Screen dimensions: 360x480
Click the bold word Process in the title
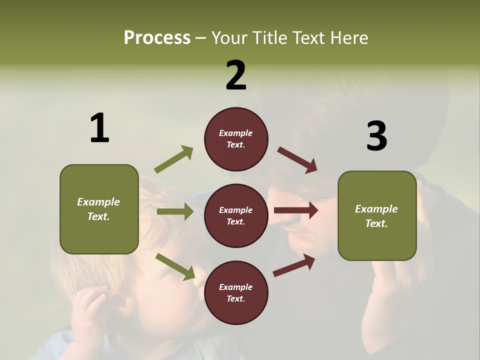pos(157,38)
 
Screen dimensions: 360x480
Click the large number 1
pos(99,128)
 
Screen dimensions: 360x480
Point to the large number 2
pos(236,75)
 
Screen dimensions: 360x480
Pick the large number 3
pos(376,136)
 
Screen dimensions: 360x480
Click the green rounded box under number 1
pos(99,209)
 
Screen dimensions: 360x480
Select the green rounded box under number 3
pos(377,216)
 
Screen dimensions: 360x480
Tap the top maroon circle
pos(236,139)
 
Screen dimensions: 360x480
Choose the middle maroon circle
pos(236,216)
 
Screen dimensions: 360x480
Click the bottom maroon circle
pos(236,293)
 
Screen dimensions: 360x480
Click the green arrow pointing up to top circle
pos(174,159)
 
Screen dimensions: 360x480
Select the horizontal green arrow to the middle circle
pos(175,211)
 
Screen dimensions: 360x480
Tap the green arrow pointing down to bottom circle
pos(175,266)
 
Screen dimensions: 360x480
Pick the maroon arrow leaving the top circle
pos(297,160)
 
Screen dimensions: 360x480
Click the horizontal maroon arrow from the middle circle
pos(296,210)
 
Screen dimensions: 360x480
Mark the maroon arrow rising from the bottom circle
pos(294,265)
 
